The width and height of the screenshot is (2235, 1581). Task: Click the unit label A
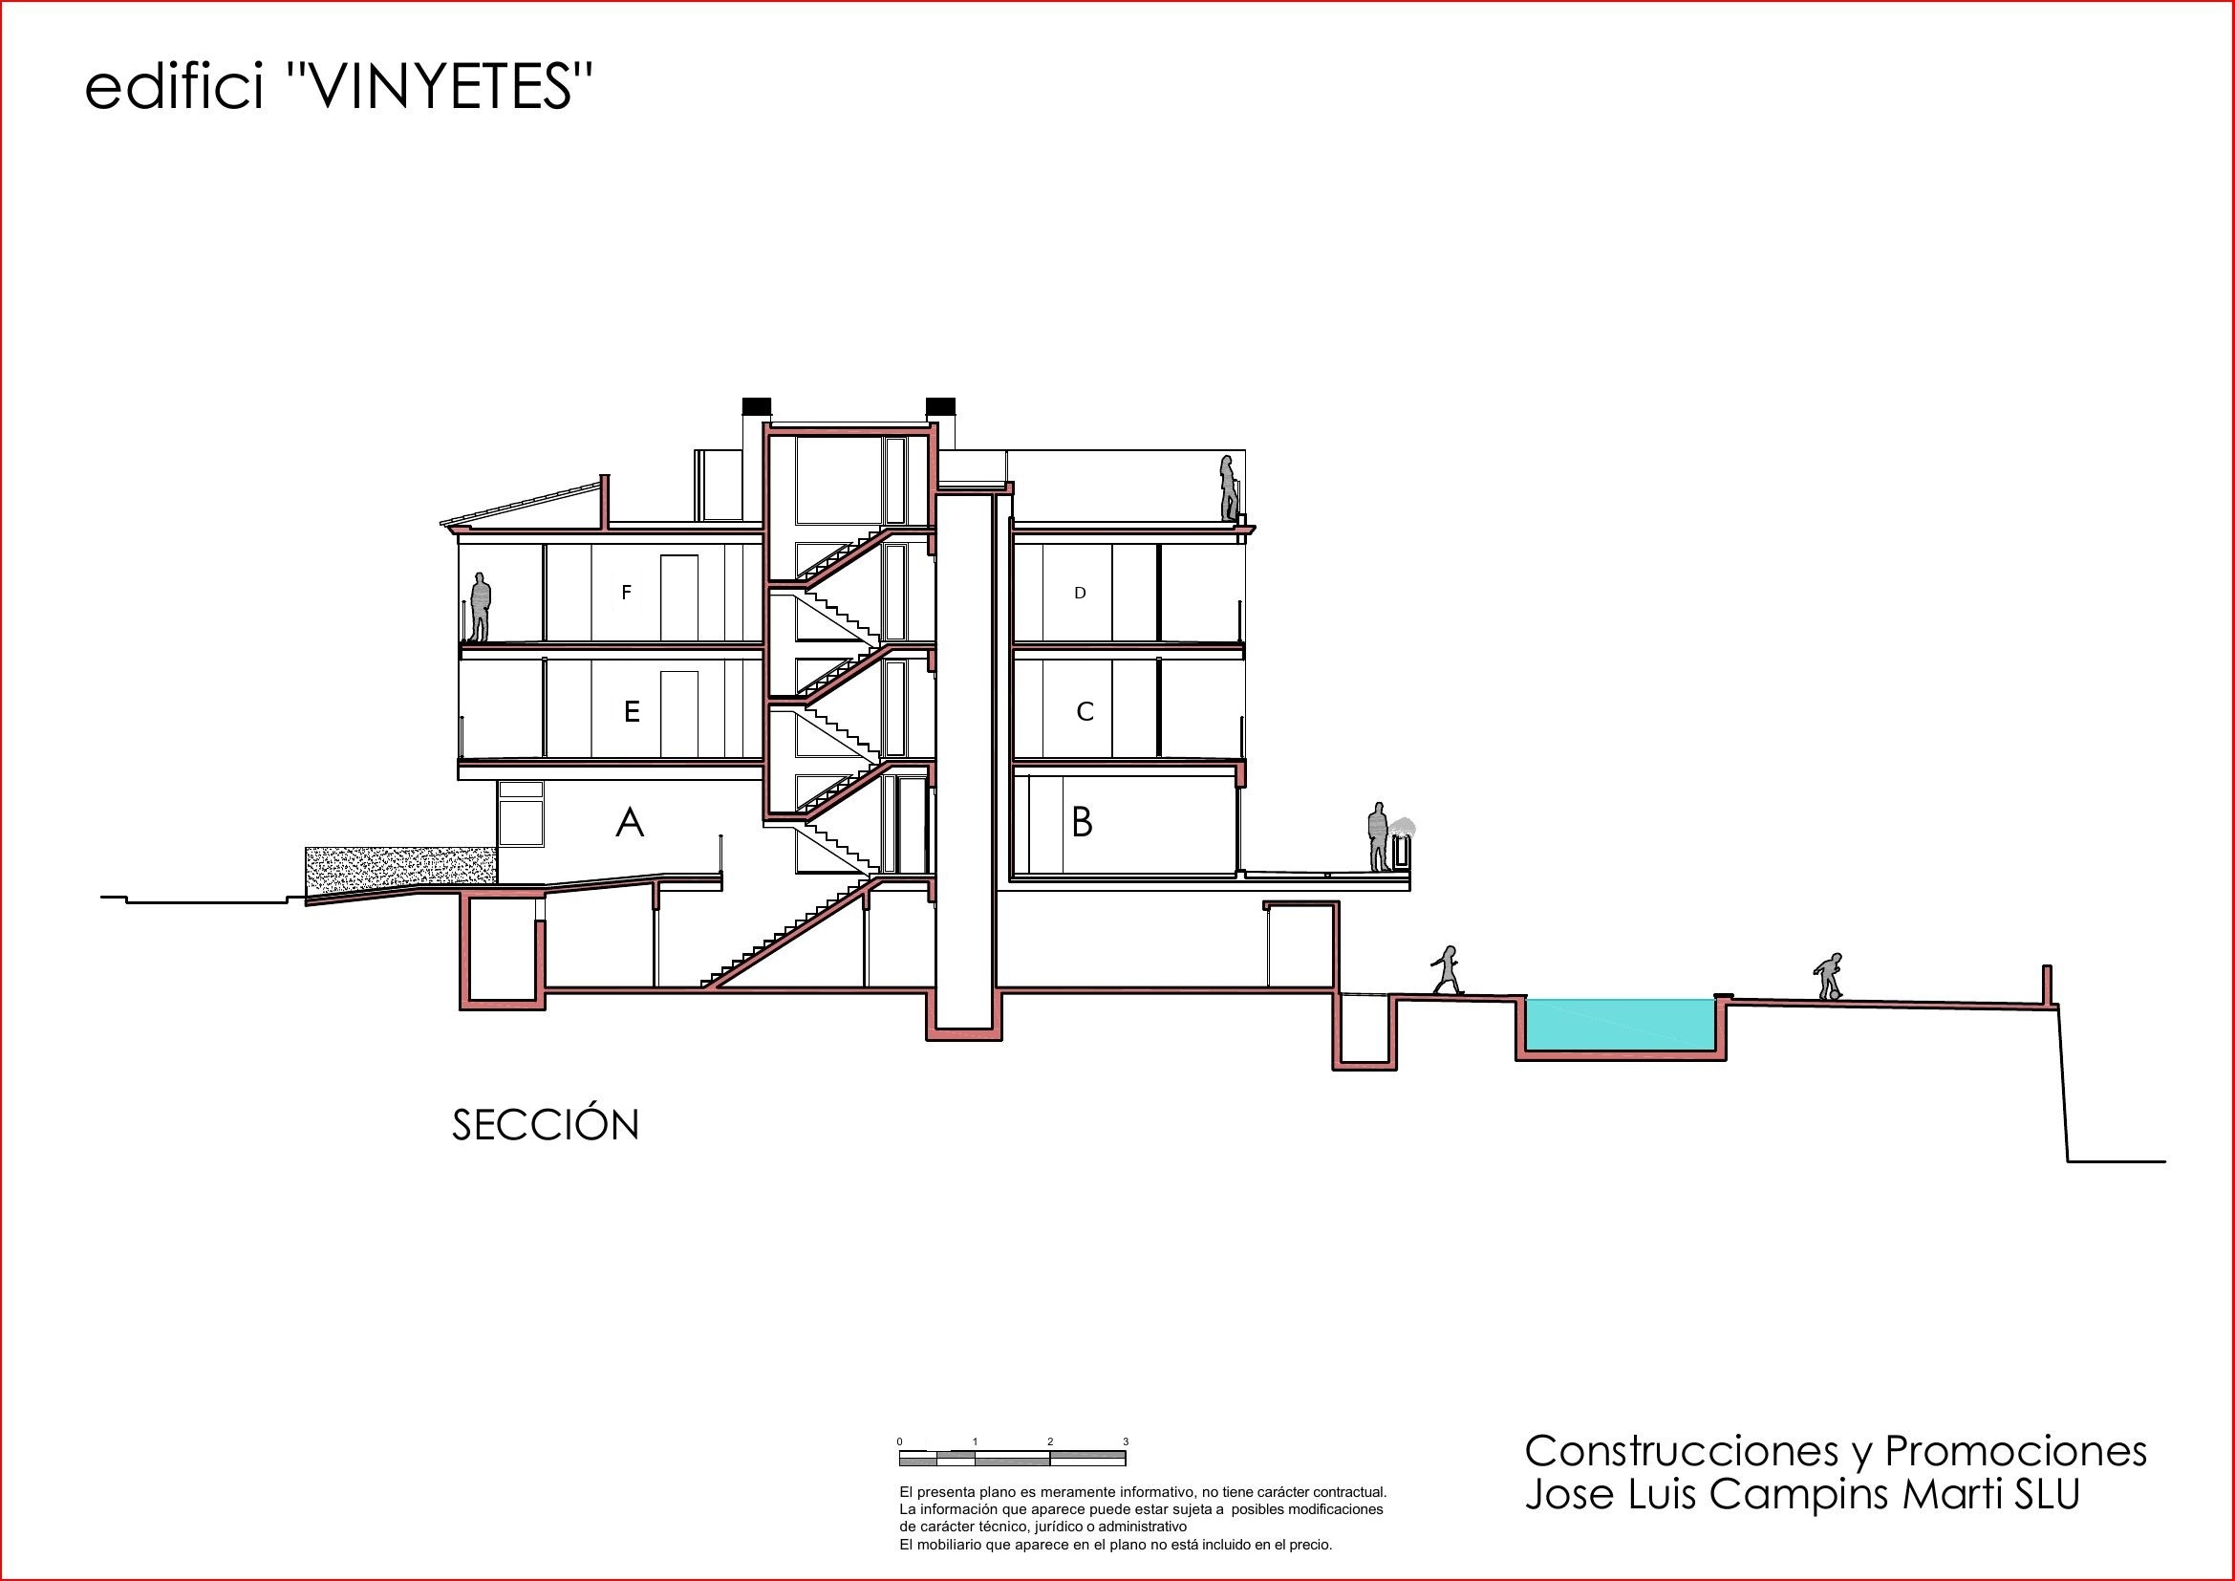[630, 823]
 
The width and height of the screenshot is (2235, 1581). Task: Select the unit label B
[1082, 823]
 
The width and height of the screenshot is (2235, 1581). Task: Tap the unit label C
[1085, 712]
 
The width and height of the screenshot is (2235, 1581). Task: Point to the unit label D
[1080, 593]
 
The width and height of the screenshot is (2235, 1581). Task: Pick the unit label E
[632, 712]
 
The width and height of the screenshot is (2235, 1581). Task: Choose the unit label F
[627, 592]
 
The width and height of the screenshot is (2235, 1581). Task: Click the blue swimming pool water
[1620, 1024]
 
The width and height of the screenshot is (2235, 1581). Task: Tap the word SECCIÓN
[545, 1125]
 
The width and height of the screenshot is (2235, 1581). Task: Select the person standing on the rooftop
[1230, 487]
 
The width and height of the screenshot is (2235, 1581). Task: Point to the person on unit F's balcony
[480, 607]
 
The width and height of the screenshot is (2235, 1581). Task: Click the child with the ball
[1828, 977]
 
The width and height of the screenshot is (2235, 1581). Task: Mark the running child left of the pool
[1447, 969]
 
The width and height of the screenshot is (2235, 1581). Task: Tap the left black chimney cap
[757, 406]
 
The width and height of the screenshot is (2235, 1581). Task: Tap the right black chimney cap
[940, 406]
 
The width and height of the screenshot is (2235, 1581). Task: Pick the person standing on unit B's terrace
[1378, 836]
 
